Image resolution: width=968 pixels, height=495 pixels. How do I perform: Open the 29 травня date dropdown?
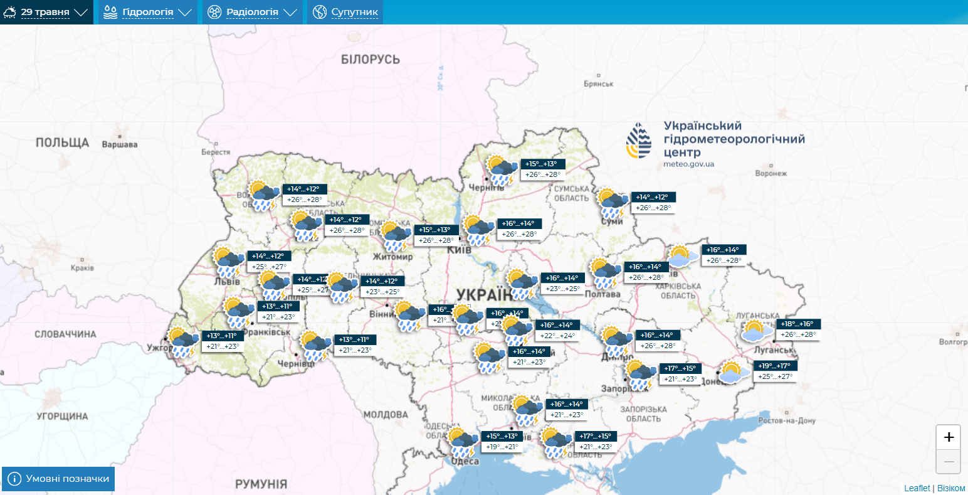click(x=46, y=12)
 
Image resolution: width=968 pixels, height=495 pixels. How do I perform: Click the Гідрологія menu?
click(x=147, y=12)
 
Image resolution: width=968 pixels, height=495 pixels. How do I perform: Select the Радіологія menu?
click(x=252, y=12)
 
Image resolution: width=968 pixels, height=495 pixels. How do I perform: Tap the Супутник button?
click(x=345, y=12)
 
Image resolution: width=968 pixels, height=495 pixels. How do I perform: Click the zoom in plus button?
click(x=948, y=437)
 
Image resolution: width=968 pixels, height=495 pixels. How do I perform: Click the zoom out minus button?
click(x=948, y=462)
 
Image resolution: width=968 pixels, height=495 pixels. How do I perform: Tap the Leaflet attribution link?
click(x=917, y=488)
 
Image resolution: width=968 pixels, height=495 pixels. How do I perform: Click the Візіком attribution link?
click(x=951, y=488)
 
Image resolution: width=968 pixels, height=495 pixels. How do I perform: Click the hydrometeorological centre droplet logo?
click(x=638, y=141)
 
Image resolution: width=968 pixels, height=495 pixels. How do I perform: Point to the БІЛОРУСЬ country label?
click(x=370, y=60)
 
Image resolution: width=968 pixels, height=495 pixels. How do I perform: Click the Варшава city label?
click(x=119, y=144)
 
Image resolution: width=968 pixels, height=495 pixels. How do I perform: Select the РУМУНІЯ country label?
click(x=261, y=484)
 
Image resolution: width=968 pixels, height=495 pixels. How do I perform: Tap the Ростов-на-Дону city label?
click(x=787, y=420)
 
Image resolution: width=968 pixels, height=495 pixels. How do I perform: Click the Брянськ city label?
click(x=598, y=83)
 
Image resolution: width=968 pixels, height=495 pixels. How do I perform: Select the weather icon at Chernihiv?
click(x=501, y=170)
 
